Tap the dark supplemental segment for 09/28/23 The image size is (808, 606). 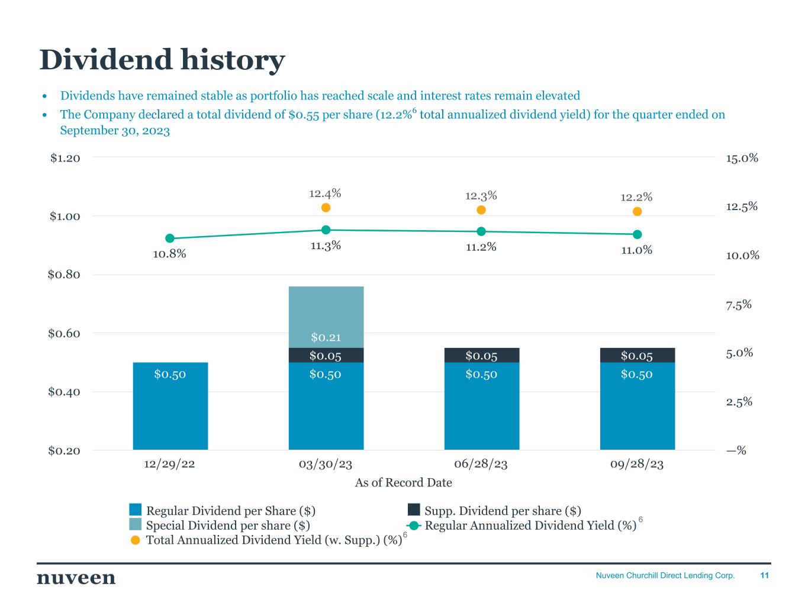(637, 355)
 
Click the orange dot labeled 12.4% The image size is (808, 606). (326, 208)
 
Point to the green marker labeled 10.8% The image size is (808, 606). (170, 238)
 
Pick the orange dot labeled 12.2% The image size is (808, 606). (638, 212)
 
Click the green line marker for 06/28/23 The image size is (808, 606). (481, 231)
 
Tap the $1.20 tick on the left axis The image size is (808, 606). (65, 158)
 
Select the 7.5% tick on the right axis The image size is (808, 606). (738, 305)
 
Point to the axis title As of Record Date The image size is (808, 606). (403, 483)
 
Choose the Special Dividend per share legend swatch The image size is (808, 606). (136, 525)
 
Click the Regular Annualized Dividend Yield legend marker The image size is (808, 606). (414, 526)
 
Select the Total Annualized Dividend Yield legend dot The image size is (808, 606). (136, 540)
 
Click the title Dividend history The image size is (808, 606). (162, 60)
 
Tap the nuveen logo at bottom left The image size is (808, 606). (76, 578)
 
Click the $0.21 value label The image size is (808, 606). (326, 338)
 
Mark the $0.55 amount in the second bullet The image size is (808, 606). (302, 115)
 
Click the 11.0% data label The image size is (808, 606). (637, 250)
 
